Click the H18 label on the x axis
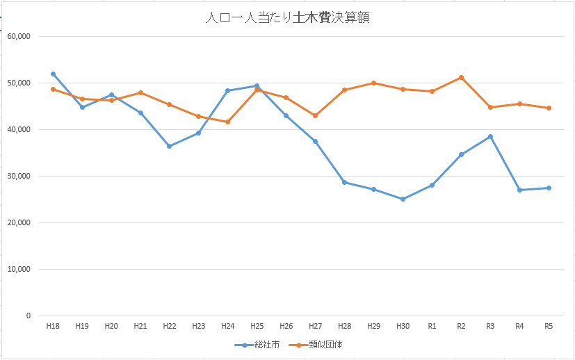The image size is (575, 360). coord(53,325)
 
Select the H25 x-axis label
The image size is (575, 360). coord(257,325)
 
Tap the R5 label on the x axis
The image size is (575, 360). coord(549,325)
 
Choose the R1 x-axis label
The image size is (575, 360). coord(432,325)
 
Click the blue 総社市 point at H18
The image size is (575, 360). coord(53,74)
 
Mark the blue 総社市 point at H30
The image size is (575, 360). coord(403,199)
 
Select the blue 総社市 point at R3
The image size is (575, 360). coord(490,136)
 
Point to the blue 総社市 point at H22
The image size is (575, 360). coord(169,146)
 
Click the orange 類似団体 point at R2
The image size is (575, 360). coord(461,77)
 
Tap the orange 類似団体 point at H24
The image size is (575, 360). coord(227,122)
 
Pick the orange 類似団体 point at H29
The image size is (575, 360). coord(373,83)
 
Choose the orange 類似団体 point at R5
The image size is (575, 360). coord(549,108)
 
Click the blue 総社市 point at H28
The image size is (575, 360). coord(344,182)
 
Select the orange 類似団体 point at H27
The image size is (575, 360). coord(315,115)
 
